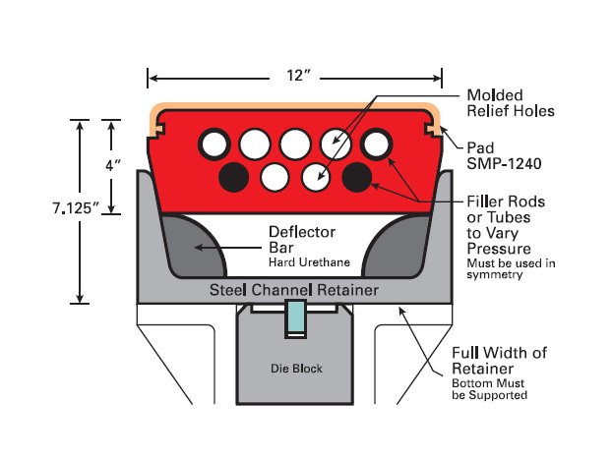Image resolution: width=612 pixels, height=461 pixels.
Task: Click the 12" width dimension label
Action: pos(294,76)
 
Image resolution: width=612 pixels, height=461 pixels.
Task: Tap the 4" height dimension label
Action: pos(112,167)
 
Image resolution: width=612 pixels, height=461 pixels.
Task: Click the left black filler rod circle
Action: pos(233,177)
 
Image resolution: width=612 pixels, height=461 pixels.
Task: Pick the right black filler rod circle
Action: pos(356,177)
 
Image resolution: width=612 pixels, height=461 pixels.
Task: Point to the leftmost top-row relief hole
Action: pos(214,144)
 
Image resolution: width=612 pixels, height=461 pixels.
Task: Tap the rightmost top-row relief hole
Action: pos(376,144)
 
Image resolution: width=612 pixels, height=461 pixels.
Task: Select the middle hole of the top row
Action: pos(294,144)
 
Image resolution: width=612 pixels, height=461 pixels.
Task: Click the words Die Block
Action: pos(296,370)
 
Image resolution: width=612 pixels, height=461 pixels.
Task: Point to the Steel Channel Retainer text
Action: pos(295,291)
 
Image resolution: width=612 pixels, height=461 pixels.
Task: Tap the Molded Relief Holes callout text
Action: pos(510,102)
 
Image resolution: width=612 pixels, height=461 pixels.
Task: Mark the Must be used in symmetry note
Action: pos(511,268)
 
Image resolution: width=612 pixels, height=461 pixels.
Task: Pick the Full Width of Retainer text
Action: pos(499,361)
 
